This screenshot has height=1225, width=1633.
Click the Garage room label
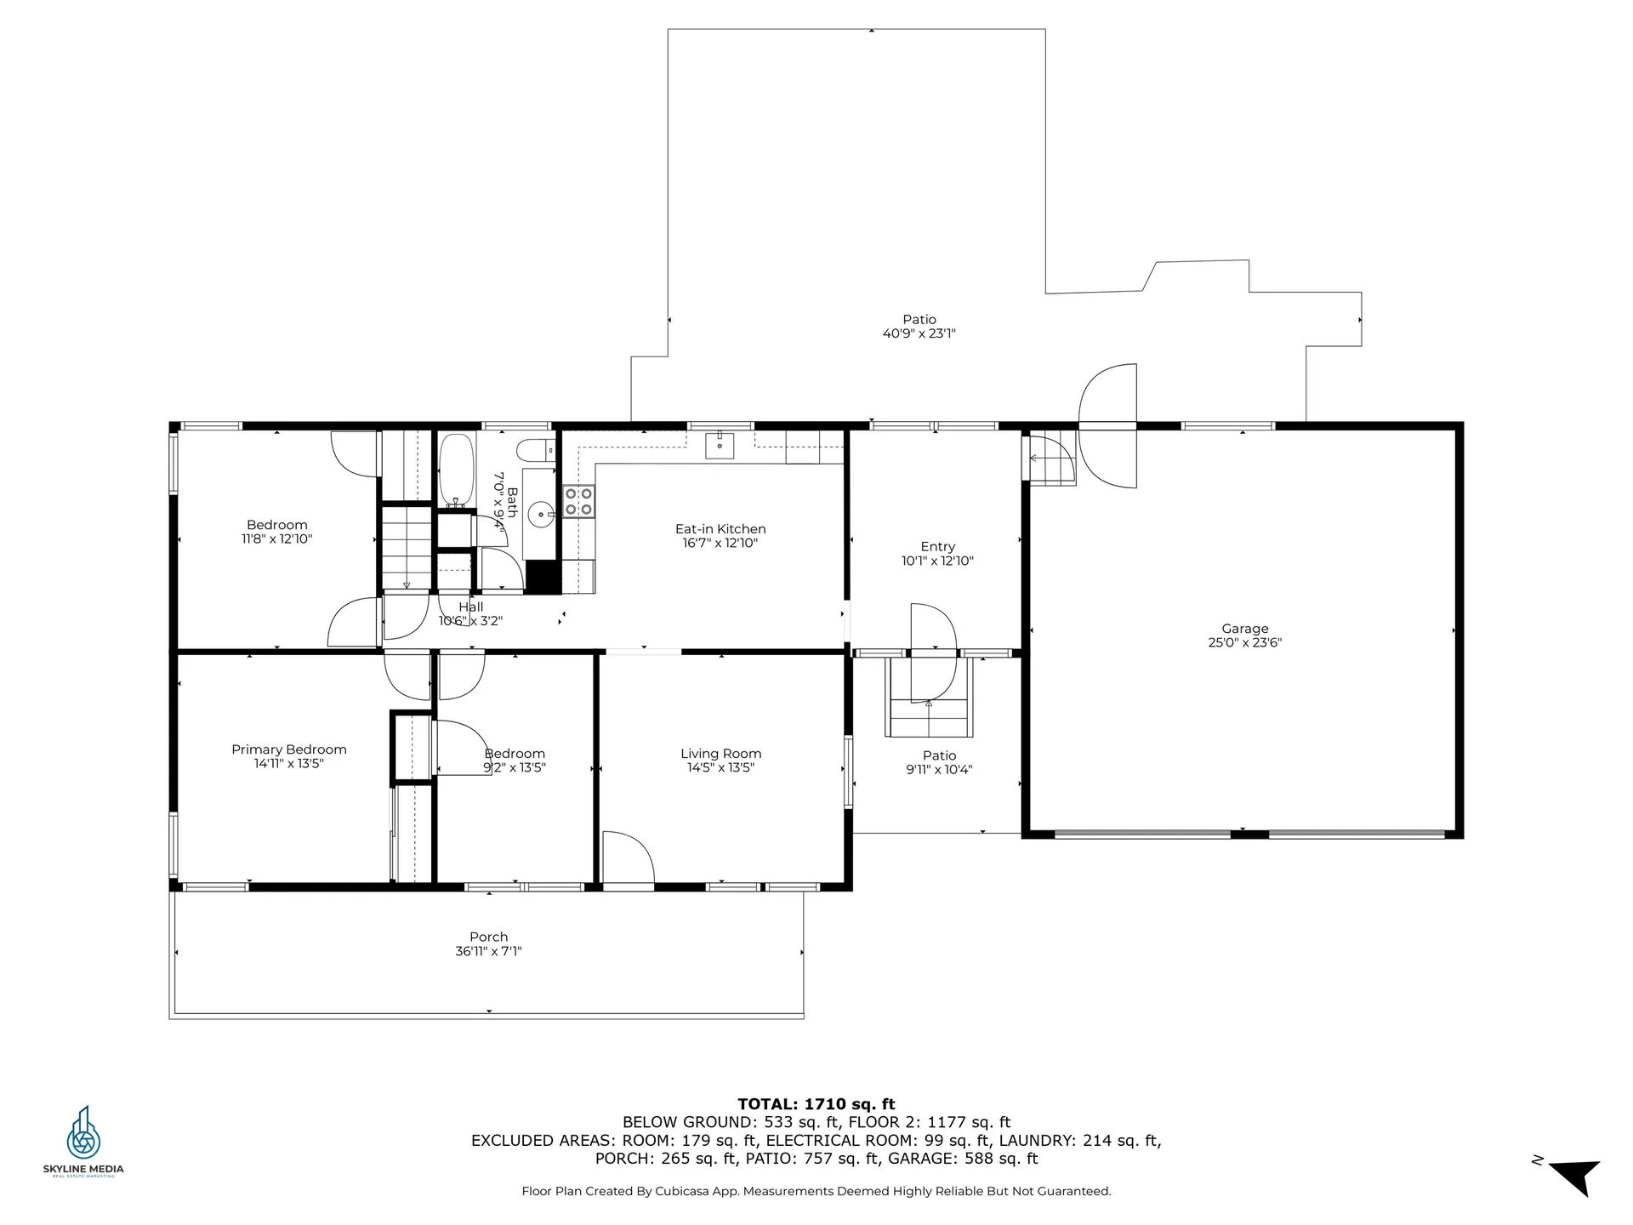(x=1244, y=629)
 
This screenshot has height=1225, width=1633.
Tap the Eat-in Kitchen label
(x=720, y=529)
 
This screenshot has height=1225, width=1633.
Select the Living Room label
(x=720, y=754)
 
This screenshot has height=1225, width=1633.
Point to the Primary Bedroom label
(x=289, y=749)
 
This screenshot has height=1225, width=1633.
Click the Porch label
(x=488, y=937)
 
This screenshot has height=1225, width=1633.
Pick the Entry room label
(x=937, y=547)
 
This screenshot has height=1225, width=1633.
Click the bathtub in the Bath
(x=457, y=470)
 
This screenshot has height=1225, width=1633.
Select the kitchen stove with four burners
(x=578, y=501)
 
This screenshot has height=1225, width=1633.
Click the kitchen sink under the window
(x=720, y=445)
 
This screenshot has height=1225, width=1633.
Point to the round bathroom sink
(x=541, y=515)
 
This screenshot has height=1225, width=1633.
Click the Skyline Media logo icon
(x=83, y=1132)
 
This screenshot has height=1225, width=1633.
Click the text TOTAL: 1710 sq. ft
(x=816, y=1104)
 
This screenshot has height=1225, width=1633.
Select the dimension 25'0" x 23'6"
(x=1244, y=643)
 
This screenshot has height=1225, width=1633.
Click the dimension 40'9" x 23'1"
(x=919, y=333)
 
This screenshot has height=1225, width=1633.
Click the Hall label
(x=470, y=607)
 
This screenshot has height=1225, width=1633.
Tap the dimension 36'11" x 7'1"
(x=488, y=951)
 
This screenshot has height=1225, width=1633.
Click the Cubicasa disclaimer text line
(x=816, y=1191)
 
